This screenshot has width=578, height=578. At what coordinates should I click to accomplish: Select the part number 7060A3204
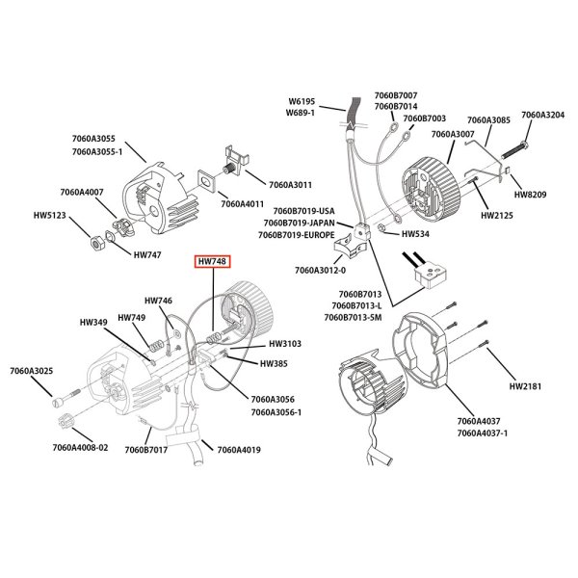(x=542, y=115)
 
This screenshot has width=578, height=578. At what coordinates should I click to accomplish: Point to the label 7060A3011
(x=292, y=183)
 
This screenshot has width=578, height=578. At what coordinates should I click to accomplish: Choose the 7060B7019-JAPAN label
(x=302, y=223)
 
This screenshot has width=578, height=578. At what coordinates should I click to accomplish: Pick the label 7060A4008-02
(x=81, y=447)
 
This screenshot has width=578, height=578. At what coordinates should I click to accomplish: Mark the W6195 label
(x=303, y=101)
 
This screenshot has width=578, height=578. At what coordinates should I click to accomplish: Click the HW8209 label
(x=532, y=194)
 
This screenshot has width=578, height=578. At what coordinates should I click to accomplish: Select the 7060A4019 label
(x=240, y=449)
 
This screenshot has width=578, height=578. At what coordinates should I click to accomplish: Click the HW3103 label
(x=286, y=343)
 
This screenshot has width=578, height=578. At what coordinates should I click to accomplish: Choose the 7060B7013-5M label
(x=355, y=317)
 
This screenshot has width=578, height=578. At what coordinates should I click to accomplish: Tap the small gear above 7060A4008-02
(x=66, y=422)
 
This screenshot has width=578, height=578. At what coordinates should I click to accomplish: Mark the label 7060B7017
(x=149, y=449)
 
